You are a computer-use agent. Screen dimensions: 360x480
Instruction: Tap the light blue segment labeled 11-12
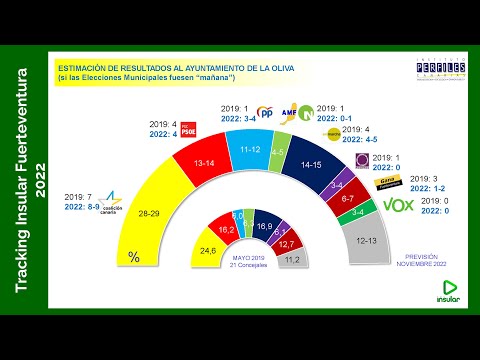[252, 149]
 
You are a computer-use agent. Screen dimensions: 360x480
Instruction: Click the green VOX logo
[399, 206]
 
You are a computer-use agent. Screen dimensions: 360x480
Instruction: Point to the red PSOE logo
[187, 130]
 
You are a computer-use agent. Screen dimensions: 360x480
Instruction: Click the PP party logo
[266, 112]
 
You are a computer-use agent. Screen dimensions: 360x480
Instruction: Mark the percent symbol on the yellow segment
[134, 258]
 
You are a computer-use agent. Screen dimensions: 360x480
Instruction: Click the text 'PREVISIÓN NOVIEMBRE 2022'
[424, 260]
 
